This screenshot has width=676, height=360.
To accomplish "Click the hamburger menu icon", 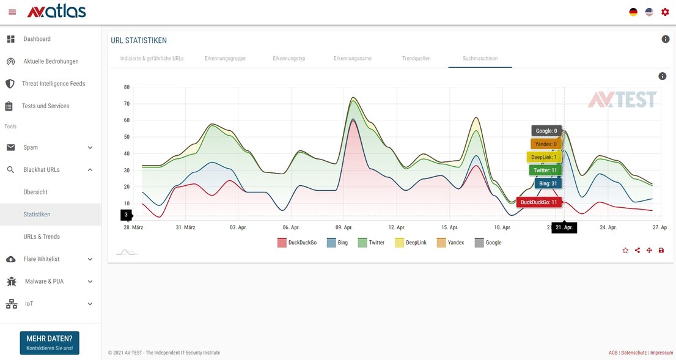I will pyautogui.click(x=12, y=12).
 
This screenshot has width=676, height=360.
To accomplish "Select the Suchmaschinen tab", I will pyautogui.click(x=480, y=59).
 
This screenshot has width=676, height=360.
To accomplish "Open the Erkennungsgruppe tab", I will pyautogui.click(x=225, y=59).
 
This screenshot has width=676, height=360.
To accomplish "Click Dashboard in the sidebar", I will pyautogui.click(x=37, y=39).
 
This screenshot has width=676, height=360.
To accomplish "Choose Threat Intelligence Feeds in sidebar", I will pyautogui.click(x=53, y=84).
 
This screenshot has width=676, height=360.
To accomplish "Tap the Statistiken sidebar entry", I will pyautogui.click(x=37, y=215).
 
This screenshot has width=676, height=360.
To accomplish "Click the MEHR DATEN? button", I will pyautogui.click(x=50, y=343).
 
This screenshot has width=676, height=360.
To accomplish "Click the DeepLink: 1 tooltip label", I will pyautogui.click(x=543, y=157).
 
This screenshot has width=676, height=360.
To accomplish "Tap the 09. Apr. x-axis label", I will pyautogui.click(x=344, y=227).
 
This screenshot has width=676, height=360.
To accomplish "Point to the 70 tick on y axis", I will pyautogui.click(x=127, y=104).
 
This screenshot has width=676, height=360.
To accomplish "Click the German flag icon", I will pyautogui.click(x=633, y=12).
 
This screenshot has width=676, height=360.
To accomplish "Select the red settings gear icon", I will pyautogui.click(x=665, y=12).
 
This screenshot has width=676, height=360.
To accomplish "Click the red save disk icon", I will pyautogui.click(x=661, y=250).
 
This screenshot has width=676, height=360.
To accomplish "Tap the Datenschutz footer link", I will pyautogui.click(x=634, y=353).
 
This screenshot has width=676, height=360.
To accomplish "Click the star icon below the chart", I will pyautogui.click(x=625, y=250).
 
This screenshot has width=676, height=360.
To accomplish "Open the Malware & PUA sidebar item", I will pyautogui.click(x=44, y=282).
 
